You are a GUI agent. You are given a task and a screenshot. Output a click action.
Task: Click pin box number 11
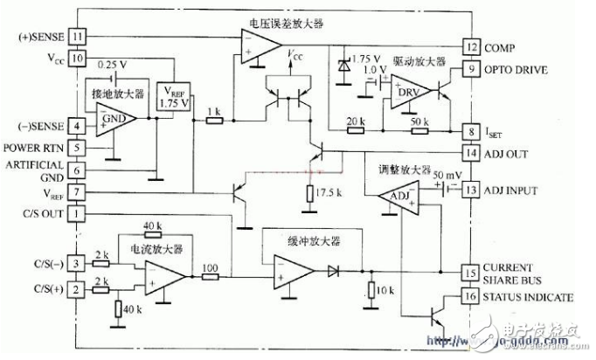[x=78, y=37]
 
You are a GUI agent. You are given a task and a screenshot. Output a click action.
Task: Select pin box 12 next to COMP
[x=472, y=46]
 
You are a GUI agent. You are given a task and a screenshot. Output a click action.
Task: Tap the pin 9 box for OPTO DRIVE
[x=472, y=68]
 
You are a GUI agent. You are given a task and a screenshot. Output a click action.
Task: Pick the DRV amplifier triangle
[x=406, y=90]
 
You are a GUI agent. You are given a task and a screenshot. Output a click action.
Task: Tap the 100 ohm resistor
[x=211, y=276]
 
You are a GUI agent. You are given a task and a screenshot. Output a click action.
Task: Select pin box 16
[x=472, y=298]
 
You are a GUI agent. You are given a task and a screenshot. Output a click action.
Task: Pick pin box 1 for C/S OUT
[x=78, y=213]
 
